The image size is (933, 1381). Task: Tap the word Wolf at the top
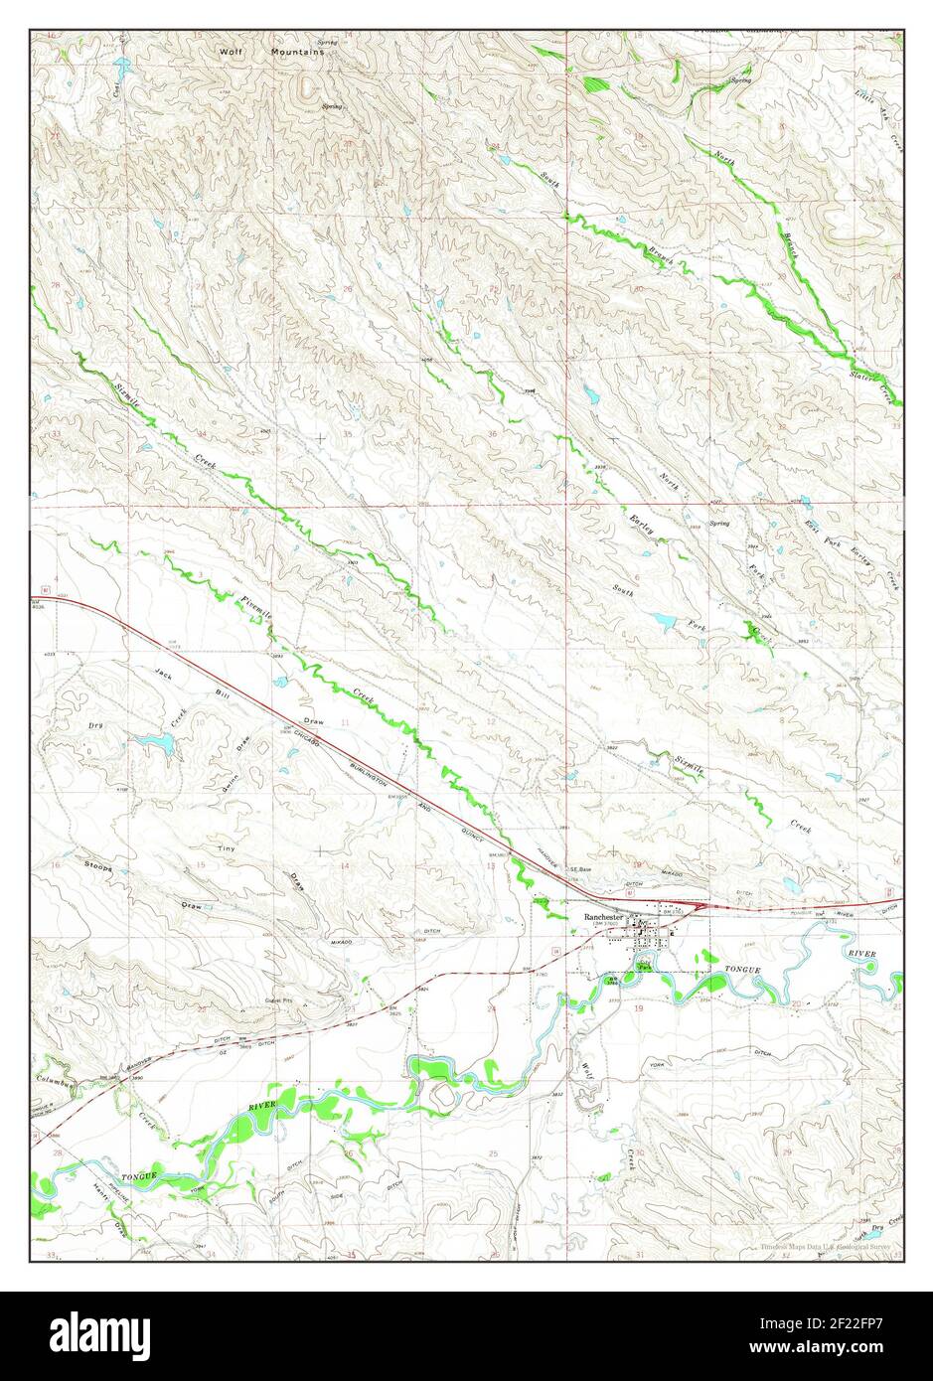point(232,49)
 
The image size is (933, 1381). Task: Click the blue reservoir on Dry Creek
point(154,741)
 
